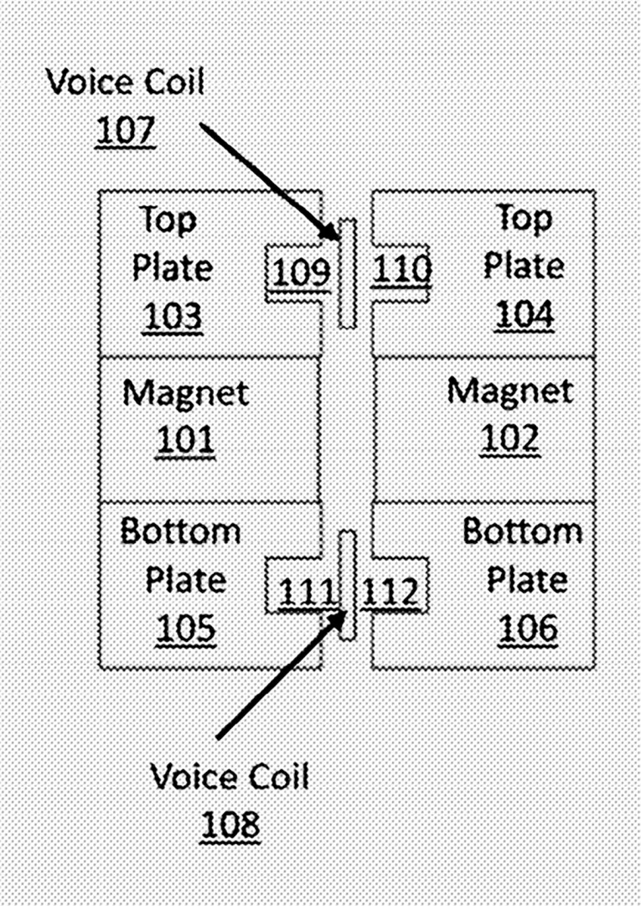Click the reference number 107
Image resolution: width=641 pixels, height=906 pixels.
pyautogui.click(x=126, y=131)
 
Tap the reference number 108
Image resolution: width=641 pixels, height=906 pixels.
pyautogui.click(x=230, y=825)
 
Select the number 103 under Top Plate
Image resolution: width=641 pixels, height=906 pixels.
pyautogui.click(x=173, y=316)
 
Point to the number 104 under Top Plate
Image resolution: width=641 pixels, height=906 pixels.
pyautogui.click(x=524, y=314)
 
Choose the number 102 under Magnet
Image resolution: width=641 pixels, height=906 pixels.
pyautogui.click(x=509, y=439)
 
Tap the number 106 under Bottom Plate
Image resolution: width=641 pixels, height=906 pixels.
pyautogui.click(x=527, y=629)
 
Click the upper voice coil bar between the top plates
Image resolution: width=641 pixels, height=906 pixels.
pyautogui.click(x=347, y=272)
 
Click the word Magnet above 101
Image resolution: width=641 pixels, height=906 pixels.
pyautogui.click(x=185, y=392)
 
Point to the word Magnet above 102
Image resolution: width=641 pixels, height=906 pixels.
pyautogui.click(x=509, y=391)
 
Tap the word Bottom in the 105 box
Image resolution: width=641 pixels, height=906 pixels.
pyautogui.click(x=180, y=531)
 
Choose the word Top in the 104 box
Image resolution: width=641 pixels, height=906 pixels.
pyautogui.click(x=525, y=219)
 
